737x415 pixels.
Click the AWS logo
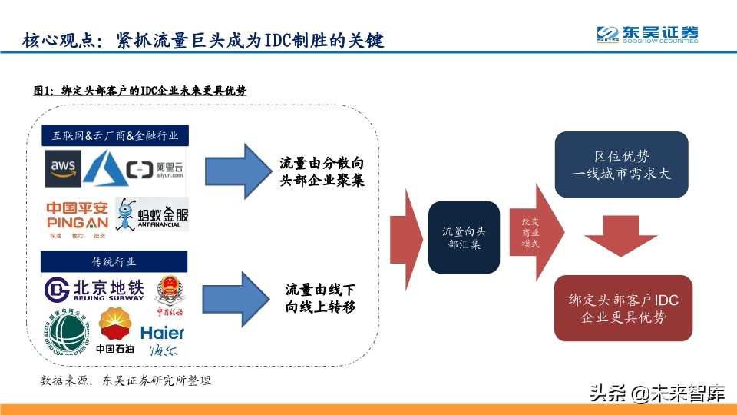point(63,167)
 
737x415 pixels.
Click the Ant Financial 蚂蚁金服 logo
point(151,214)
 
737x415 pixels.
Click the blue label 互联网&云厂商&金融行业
point(117,135)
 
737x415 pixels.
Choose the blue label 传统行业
point(117,261)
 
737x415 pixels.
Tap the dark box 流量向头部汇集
point(464,237)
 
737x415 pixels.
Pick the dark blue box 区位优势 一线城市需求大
point(621,164)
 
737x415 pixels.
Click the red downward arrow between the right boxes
point(621,236)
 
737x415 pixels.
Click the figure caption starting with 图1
point(140,91)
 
